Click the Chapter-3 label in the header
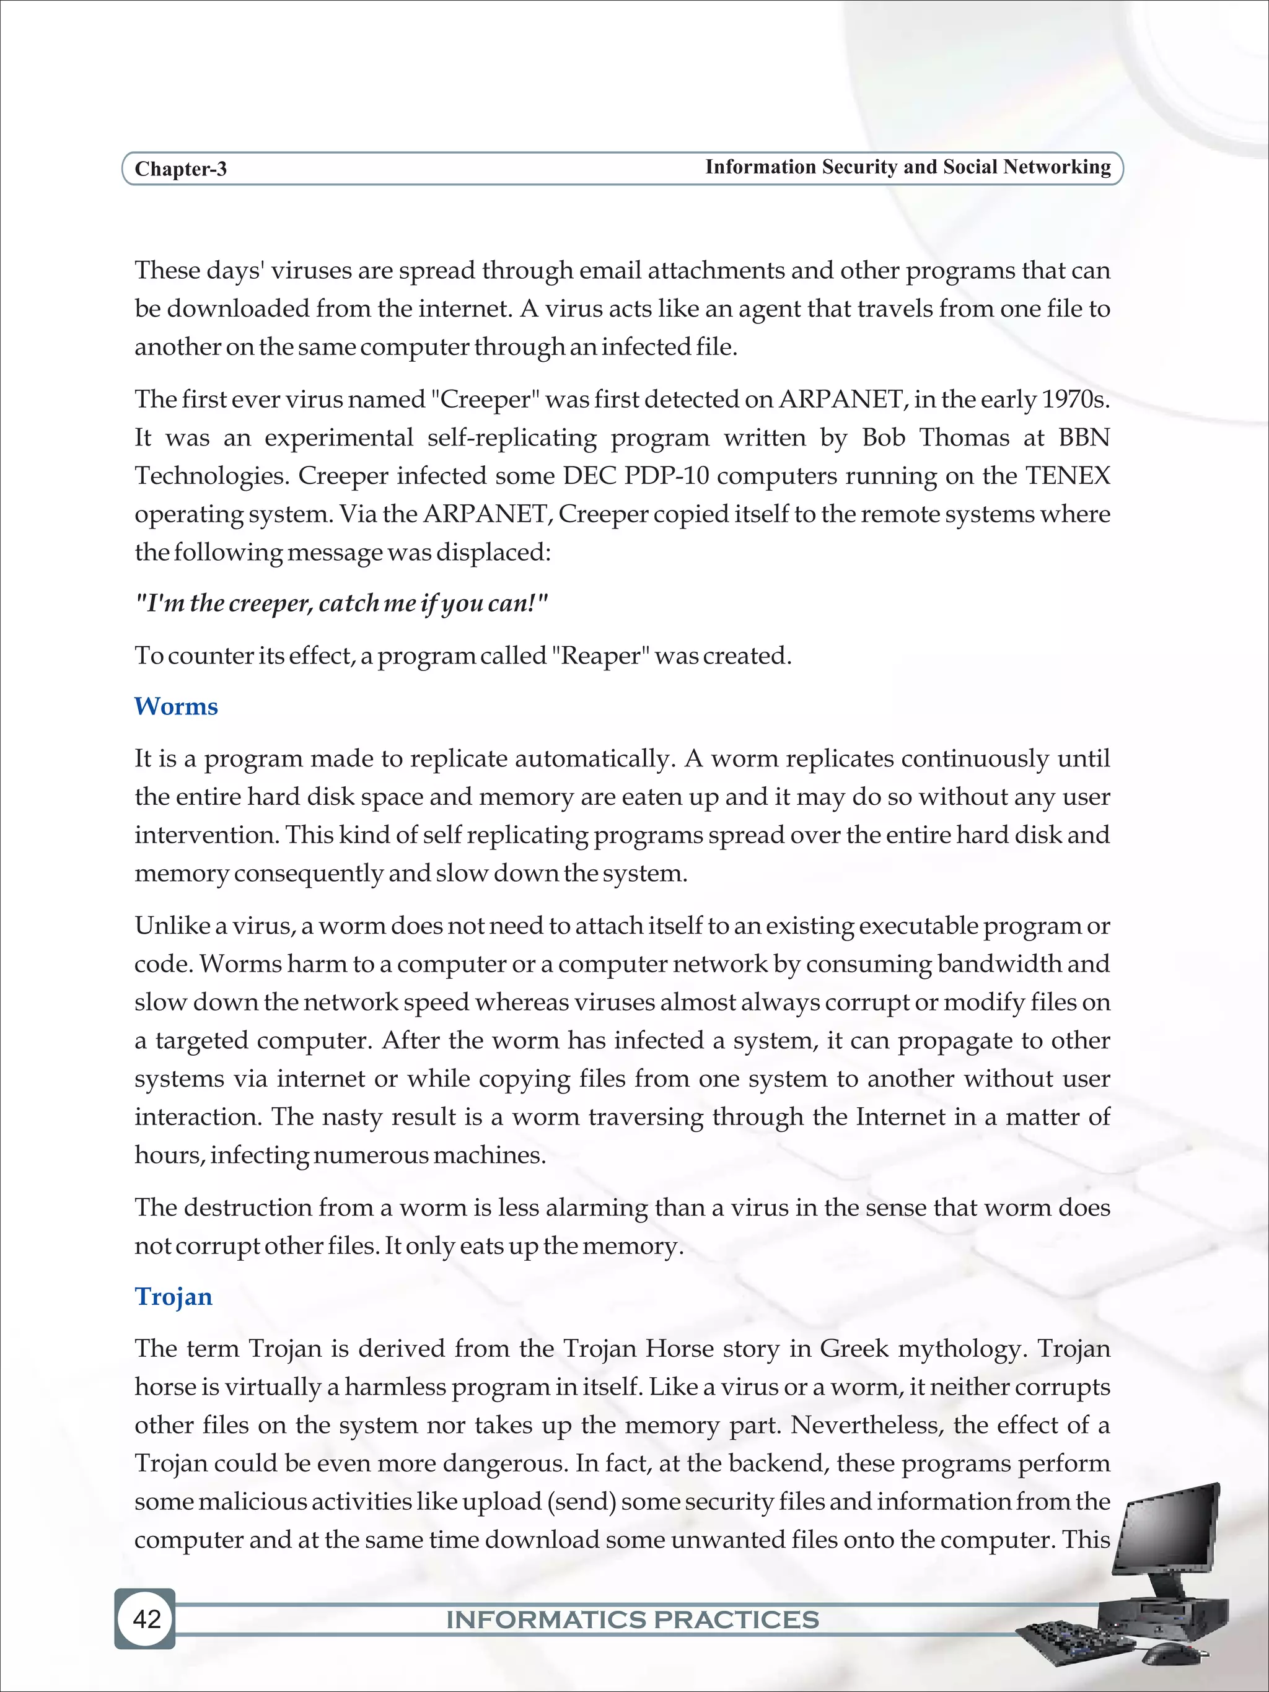click(180, 169)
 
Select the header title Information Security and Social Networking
click(907, 167)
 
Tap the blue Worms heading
click(176, 706)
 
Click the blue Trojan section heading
click(173, 1297)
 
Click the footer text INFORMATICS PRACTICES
click(633, 1620)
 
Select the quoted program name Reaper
click(600, 655)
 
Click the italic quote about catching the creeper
click(342, 603)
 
